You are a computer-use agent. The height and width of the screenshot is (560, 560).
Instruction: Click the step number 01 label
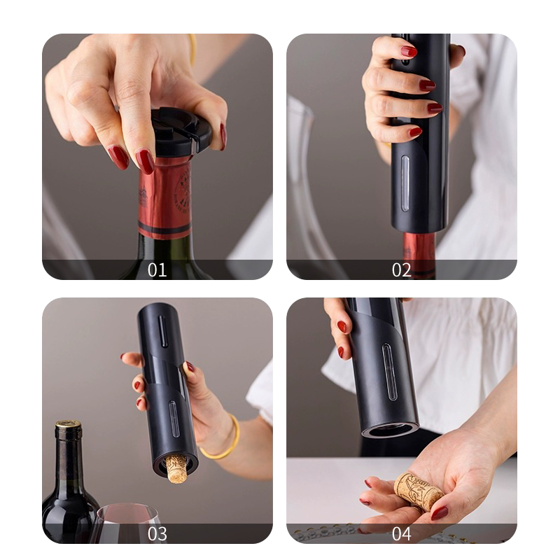pos(157,270)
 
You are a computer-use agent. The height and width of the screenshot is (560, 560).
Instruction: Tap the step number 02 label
pos(401,270)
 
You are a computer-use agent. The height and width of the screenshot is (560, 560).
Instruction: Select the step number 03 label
pos(157,534)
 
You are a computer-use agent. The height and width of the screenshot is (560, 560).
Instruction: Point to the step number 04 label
pos(401,534)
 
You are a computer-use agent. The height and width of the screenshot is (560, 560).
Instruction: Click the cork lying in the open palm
pos(419,492)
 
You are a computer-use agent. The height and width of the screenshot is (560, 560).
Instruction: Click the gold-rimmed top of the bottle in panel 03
pos(68,424)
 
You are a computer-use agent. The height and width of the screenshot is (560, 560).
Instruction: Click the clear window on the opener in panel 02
pos(405,183)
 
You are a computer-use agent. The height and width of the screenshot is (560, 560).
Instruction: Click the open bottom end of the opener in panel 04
pos(391,430)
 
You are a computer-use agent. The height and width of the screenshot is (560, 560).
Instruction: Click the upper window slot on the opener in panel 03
pos(162,331)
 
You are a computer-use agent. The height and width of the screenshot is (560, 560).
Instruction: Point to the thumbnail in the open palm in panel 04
pos(440,513)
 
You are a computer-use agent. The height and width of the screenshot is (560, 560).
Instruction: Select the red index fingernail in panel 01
pos(145,162)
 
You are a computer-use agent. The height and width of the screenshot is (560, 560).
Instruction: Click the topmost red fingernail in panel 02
pos(409,52)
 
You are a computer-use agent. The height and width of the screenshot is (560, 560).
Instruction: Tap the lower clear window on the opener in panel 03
pos(174,419)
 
